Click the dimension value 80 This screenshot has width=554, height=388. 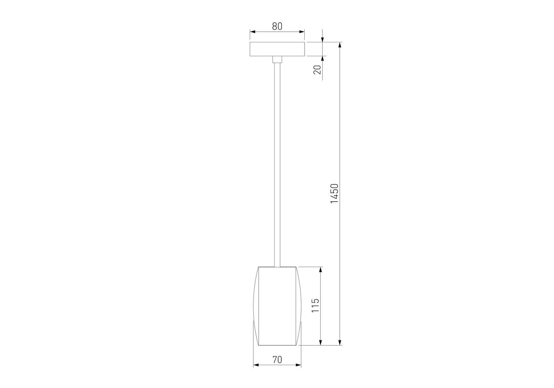(277, 26)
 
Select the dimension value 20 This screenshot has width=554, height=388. (318, 70)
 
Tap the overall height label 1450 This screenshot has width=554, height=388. (334, 193)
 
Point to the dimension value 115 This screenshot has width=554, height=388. (315, 305)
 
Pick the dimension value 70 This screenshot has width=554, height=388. (277, 360)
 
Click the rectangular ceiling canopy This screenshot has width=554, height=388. (277, 49)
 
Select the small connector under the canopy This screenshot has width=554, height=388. (277, 59)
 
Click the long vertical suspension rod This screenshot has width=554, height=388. (277, 165)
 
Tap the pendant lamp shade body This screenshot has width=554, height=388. (277, 306)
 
